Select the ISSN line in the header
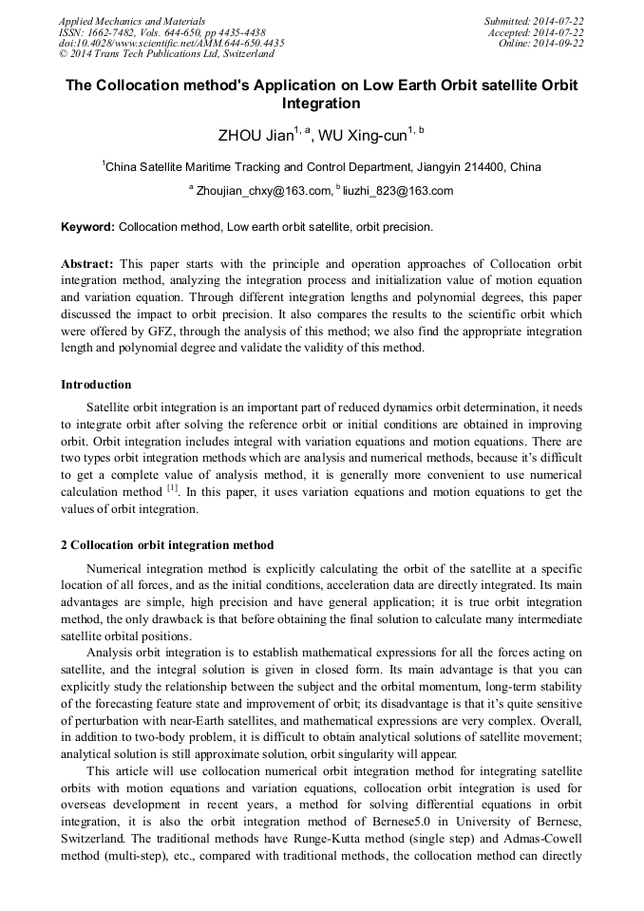point(161,31)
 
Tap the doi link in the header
point(171,43)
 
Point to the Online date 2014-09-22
point(541,43)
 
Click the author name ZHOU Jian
point(255,136)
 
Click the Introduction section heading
point(96,385)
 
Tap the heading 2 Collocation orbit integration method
point(167,545)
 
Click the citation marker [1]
point(173,488)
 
